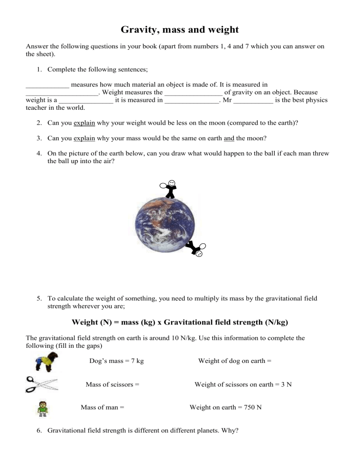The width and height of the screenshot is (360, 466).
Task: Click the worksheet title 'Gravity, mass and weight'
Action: [x=180, y=30]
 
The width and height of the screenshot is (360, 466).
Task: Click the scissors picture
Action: [x=41, y=384]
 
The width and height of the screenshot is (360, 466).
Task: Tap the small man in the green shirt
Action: [x=43, y=408]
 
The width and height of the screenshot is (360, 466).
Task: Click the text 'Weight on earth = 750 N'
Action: [x=225, y=407]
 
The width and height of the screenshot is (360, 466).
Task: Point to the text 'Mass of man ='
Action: [x=102, y=407]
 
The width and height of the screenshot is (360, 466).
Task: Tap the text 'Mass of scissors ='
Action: [x=112, y=384]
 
